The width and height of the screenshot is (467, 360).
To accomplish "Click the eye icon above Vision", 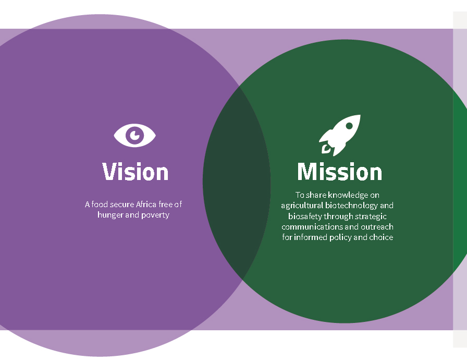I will click(135, 136).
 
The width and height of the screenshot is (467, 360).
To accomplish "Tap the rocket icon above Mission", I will click(340, 135).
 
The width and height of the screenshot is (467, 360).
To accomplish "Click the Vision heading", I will click(136, 172).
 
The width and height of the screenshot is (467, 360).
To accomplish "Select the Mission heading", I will click(340, 172).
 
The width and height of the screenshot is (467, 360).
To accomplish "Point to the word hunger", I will click(110, 215).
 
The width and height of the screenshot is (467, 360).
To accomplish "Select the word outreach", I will click(377, 227).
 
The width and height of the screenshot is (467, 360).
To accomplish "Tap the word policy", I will click(340, 237).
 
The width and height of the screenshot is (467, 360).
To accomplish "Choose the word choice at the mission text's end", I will click(381, 237).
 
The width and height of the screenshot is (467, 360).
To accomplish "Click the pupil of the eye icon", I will click(136, 135).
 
